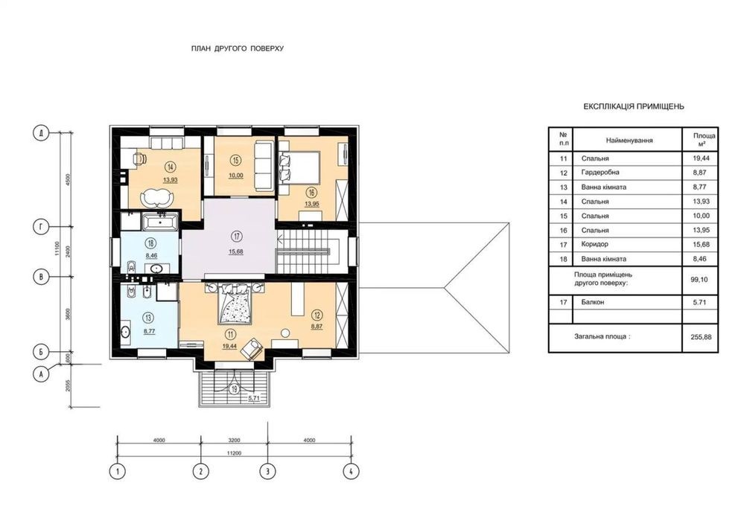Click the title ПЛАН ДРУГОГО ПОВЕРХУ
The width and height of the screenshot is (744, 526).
238,48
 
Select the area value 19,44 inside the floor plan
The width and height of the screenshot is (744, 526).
230,347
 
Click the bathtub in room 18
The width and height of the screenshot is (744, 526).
160,222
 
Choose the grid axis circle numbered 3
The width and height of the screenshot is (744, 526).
267,471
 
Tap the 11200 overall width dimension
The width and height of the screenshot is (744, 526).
234,453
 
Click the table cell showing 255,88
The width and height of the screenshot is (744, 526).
700,337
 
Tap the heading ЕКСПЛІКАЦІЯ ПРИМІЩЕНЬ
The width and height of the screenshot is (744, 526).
634,106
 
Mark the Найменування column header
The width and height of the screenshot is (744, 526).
629,141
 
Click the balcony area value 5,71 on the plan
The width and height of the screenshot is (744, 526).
254,399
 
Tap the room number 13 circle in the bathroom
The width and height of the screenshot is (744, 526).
148,318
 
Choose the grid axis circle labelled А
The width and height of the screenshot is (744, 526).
41,374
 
